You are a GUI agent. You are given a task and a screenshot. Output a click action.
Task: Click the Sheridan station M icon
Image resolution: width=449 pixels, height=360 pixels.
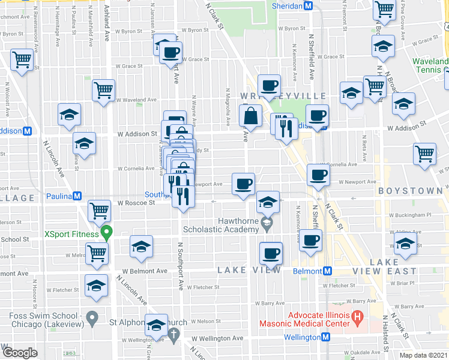[x=308, y=5]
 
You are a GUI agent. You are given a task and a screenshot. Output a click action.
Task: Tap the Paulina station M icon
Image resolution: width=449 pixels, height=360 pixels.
[x=77, y=196]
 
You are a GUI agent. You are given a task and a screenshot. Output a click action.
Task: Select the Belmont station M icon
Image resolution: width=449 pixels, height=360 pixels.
[x=327, y=271]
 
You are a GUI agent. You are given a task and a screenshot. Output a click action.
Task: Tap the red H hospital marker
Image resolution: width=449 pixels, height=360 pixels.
[x=357, y=315]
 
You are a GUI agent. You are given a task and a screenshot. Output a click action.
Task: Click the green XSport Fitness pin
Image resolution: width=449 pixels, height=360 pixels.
[x=107, y=232]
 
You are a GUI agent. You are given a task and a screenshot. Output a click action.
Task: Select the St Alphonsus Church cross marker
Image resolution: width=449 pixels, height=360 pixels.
[x=174, y=334]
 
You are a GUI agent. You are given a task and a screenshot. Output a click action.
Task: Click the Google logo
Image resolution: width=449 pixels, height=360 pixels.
[x=20, y=353]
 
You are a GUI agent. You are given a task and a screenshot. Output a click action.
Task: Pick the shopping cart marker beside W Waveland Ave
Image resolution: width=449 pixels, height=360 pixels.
[x=104, y=91]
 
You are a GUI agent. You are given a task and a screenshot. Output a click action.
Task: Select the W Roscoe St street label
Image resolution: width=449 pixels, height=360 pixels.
[x=136, y=203]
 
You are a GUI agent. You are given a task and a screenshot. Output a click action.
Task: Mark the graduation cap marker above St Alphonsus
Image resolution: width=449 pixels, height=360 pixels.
[x=157, y=325]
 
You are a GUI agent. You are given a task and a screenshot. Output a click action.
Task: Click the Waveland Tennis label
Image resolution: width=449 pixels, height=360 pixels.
[x=430, y=67]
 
